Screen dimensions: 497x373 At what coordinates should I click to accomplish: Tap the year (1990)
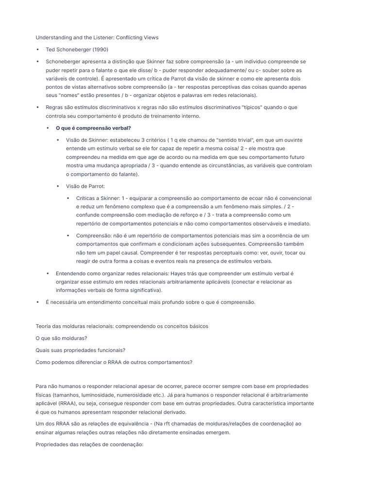tap(99, 50)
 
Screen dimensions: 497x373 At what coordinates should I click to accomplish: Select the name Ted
tap(51, 50)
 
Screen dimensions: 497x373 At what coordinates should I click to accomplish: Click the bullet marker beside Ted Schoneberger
tap(37, 50)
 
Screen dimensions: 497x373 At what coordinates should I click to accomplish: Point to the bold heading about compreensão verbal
tap(90, 128)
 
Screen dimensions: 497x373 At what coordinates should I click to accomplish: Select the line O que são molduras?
tap(62, 338)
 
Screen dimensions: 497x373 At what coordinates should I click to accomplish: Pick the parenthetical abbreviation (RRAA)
tap(68, 403)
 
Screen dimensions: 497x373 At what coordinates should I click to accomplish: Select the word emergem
tap(218, 432)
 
